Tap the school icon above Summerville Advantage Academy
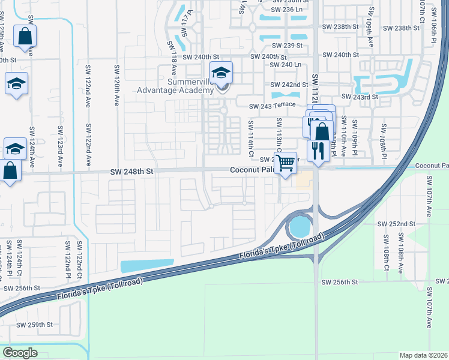(221, 74)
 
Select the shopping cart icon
(286, 161)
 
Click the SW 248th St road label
(133, 172)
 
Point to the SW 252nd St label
(396, 224)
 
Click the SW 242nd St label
(289, 85)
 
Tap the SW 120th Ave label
(115, 85)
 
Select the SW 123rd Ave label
(60, 146)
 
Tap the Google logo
(20, 352)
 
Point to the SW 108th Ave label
(400, 256)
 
